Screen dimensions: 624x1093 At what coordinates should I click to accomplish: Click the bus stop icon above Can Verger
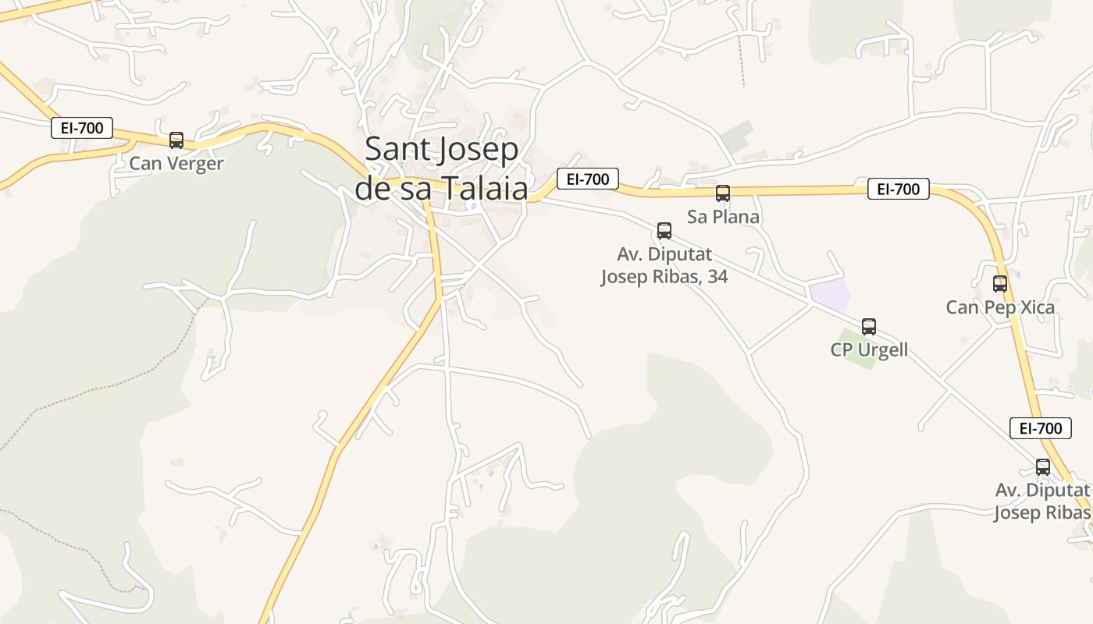tap(176, 140)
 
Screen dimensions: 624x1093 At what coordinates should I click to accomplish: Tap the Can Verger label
tap(176, 164)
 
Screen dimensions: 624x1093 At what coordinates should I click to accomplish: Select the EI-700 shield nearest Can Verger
tap(82, 128)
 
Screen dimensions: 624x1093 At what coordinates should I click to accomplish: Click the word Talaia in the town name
tap(485, 188)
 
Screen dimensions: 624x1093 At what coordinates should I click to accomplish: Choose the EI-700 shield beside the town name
tap(587, 179)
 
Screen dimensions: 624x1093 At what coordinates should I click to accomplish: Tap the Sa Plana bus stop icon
tap(723, 193)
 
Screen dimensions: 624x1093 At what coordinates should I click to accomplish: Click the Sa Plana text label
tap(723, 217)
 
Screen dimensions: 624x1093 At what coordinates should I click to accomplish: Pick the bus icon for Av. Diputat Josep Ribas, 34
tap(664, 231)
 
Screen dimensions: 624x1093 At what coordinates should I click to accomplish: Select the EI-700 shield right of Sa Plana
tap(898, 189)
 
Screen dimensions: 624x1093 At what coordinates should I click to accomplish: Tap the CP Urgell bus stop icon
tap(869, 327)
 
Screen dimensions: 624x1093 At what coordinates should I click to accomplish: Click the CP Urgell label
tap(869, 349)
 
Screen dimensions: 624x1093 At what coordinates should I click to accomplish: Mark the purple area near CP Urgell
tap(828, 296)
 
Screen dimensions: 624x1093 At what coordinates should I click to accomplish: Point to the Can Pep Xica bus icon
tap(1000, 284)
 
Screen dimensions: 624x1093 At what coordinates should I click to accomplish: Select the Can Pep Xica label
tap(1000, 307)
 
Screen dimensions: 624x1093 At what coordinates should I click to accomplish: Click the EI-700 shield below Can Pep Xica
tap(1041, 428)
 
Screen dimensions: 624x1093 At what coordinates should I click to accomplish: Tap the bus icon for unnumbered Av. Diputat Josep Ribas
tap(1043, 467)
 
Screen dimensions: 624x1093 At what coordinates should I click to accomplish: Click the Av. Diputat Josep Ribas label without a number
tap(1042, 502)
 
